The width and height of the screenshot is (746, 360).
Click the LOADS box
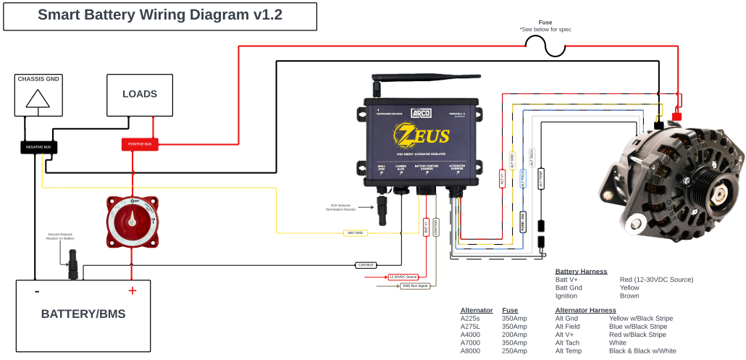[x=140, y=94]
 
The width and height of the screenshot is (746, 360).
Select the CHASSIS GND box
[x=38, y=94]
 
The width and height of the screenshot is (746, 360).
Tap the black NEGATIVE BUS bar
[x=38, y=147]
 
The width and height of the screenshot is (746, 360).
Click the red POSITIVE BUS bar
[x=140, y=145]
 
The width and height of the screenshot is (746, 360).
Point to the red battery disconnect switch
[x=132, y=221]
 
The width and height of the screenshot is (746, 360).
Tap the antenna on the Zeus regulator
[x=377, y=86]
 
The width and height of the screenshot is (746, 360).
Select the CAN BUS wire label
[x=366, y=265]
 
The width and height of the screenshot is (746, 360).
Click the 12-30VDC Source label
[x=403, y=277]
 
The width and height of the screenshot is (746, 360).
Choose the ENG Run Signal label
[x=414, y=286]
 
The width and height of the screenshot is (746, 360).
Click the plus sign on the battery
[x=132, y=291]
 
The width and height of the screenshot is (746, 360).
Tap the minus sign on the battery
[x=36, y=291]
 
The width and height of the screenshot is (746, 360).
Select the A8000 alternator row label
[x=471, y=351]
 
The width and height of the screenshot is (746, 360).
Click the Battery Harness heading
[x=581, y=272]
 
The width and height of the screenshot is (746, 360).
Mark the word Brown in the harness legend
[x=629, y=296]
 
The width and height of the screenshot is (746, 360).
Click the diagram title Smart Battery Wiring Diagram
[x=160, y=16]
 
